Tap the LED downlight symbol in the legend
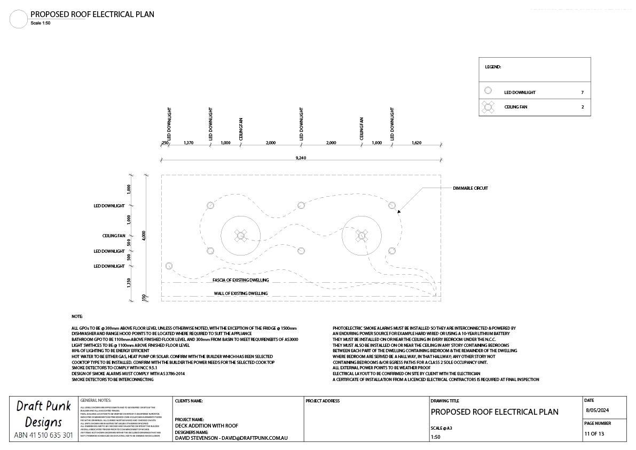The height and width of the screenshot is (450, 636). [488, 91]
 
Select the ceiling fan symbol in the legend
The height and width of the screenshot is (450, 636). [488, 107]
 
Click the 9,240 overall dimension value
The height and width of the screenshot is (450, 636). [301, 158]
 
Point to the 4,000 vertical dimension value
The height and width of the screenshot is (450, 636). [143, 236]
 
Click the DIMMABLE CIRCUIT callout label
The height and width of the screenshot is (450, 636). [470, 188]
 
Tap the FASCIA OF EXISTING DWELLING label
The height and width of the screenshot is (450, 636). [240, 280]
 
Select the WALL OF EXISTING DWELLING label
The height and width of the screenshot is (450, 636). [240, 293]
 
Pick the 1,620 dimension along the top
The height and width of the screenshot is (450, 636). [417, 143]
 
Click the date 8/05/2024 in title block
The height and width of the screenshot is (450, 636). [597, 410]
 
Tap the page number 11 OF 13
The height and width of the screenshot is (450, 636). [594, 433]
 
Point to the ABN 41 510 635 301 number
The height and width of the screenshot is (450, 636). [43, 435]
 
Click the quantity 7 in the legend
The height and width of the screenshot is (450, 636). [582, 93]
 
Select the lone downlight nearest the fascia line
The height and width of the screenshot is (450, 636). [169, 266]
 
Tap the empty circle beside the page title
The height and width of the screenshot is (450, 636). [19, 19]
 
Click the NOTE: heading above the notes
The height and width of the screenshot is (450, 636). [77, 316]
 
